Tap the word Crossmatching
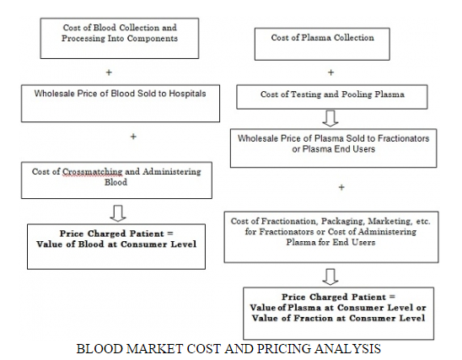92,172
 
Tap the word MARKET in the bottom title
154,349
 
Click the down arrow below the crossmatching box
118,213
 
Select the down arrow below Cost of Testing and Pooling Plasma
330,118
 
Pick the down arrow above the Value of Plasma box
330,277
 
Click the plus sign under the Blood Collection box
109,73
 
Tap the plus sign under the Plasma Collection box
330,73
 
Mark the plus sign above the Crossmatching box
133,137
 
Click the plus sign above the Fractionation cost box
341,187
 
